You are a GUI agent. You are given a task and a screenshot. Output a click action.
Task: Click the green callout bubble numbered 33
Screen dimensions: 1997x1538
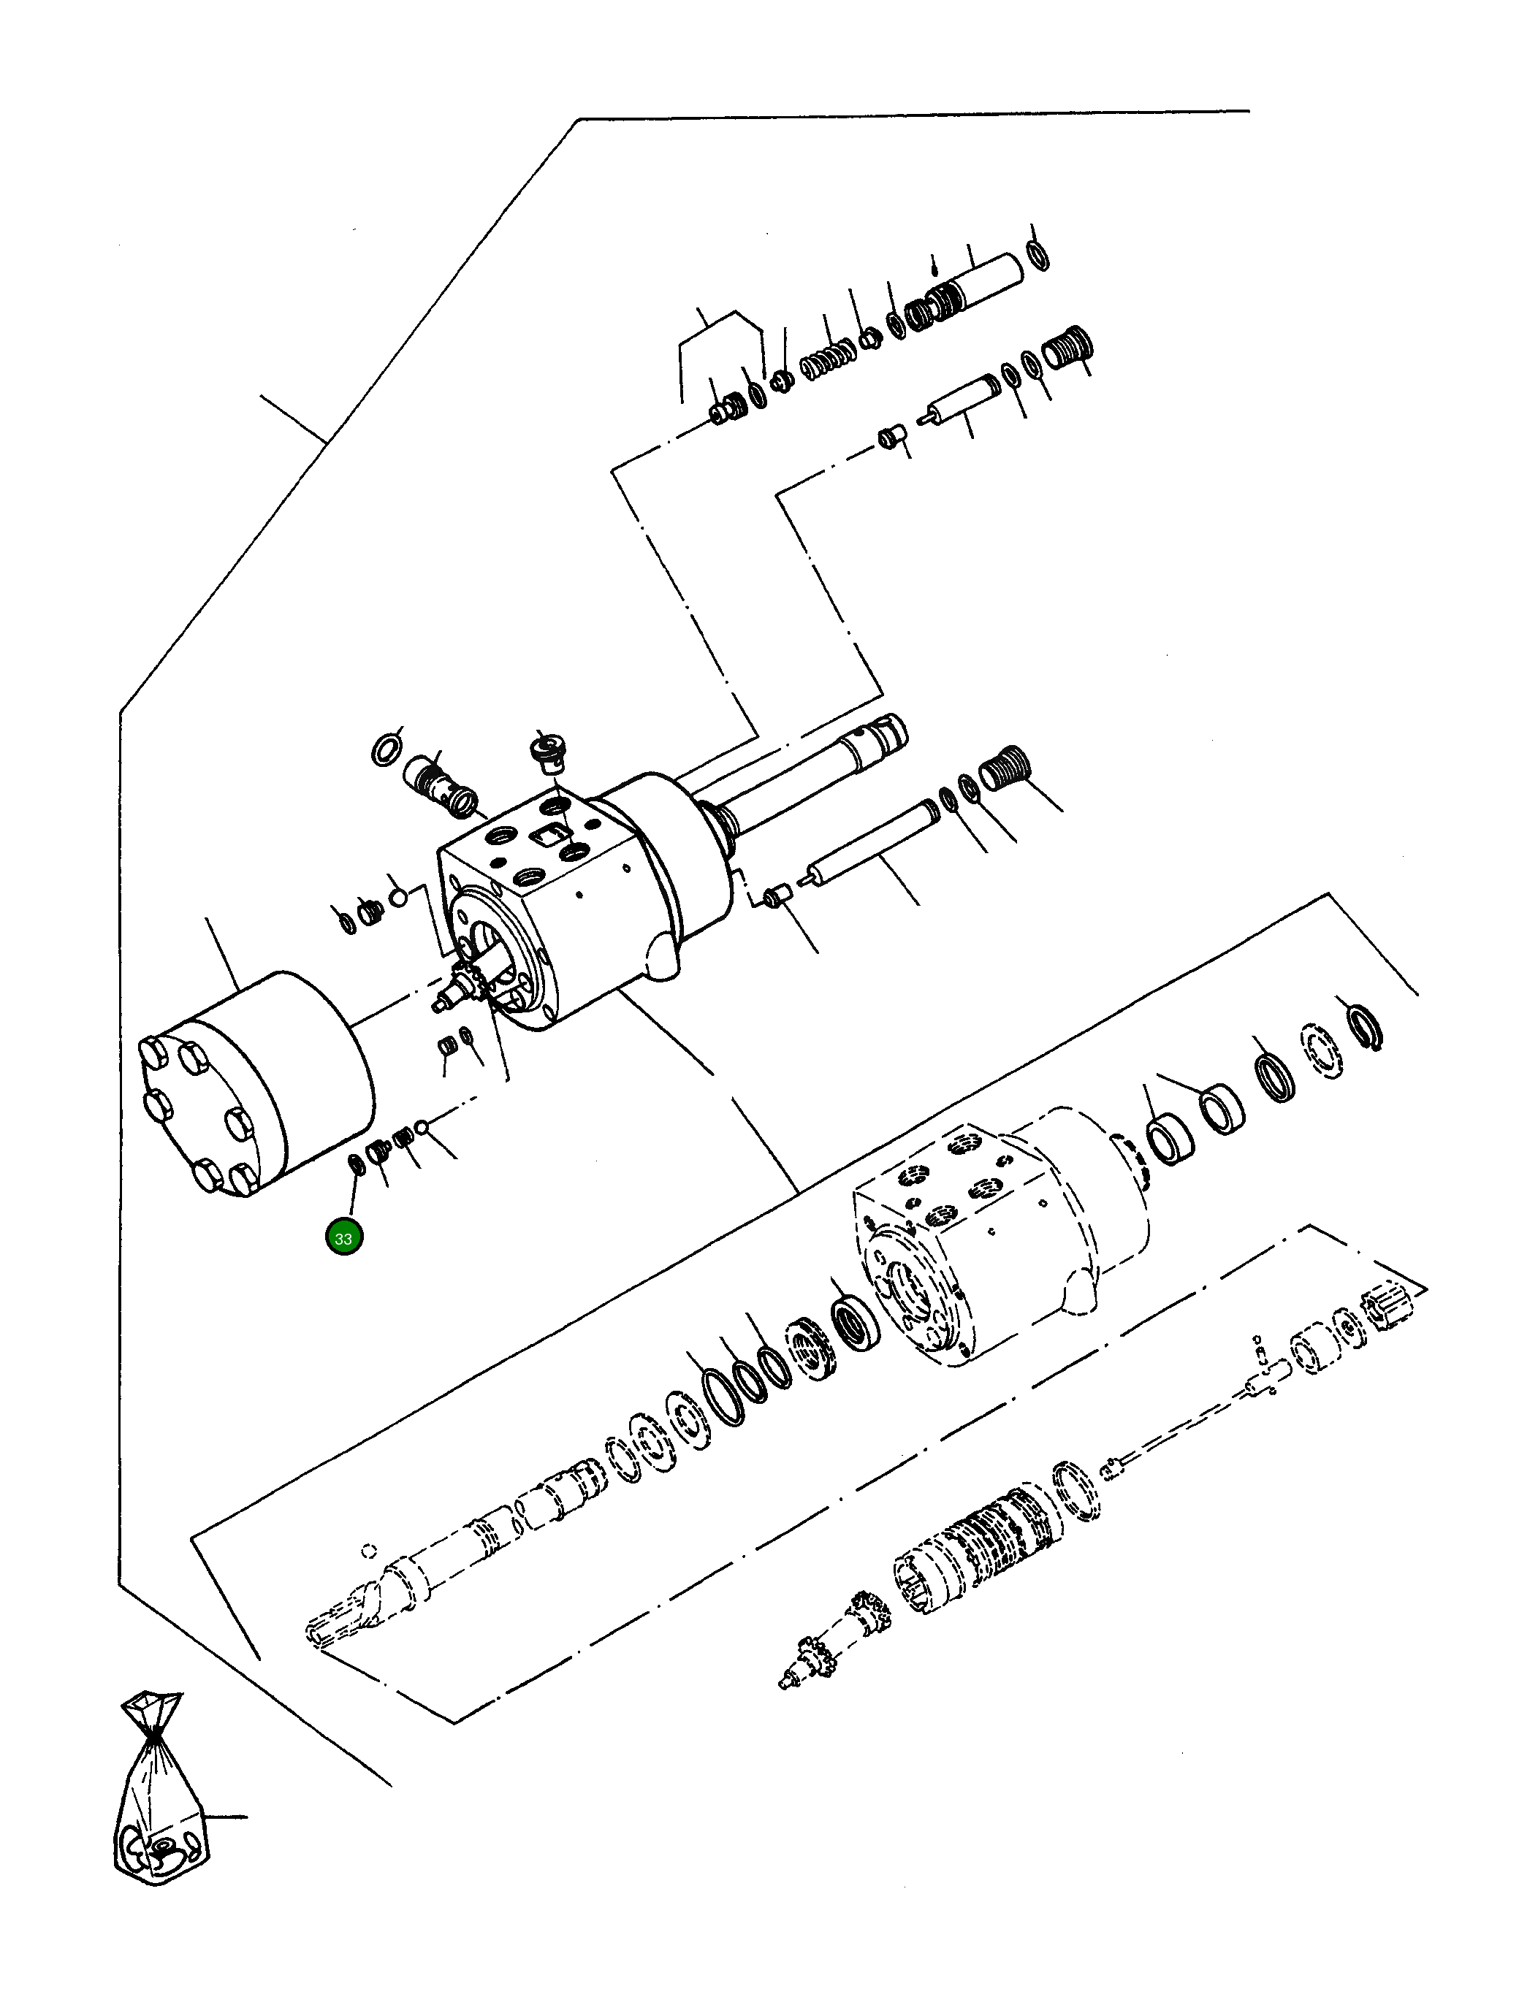point(344,1238)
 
